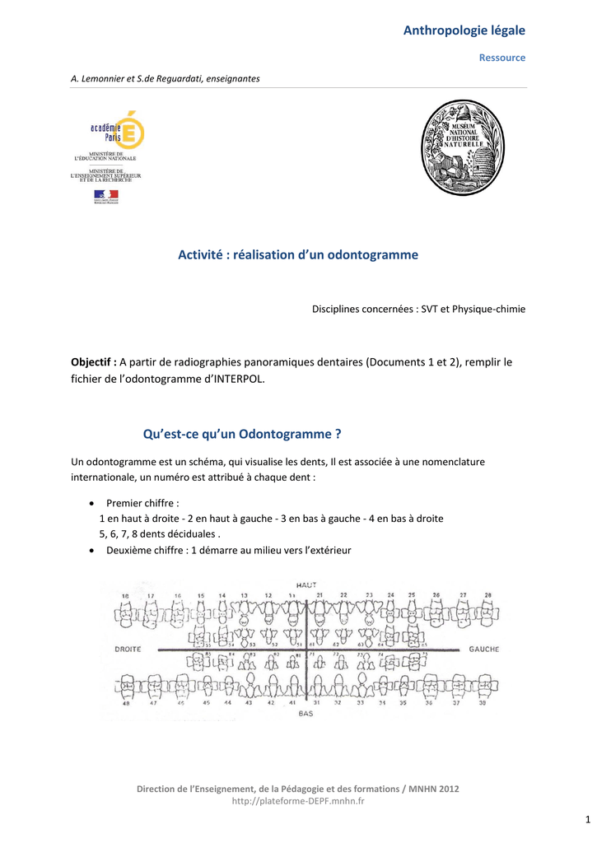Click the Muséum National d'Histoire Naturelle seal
pyautogui.click(x=463, y=147)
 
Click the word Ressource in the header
pyautogui.click(x=502, y=58)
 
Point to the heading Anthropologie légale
pyautogui.click(x=464, y=30)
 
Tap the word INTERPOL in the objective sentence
pyautogui.click(x=240, y=380)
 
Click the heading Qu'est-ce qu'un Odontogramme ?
pyautogui.click(x=242, y=434)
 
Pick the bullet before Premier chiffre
pyautogui.click(x=90, y=503)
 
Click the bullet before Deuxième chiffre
pyautogui.click(x=90, y=551)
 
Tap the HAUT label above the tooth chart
pyautogui.click(x=306, y=585)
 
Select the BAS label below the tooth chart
pyautogui.click(x=305, y=714)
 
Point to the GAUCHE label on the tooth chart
pyautogui.click(x=483, y=650)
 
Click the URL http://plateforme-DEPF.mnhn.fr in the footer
pyautogui.click(x=298, y=800)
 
